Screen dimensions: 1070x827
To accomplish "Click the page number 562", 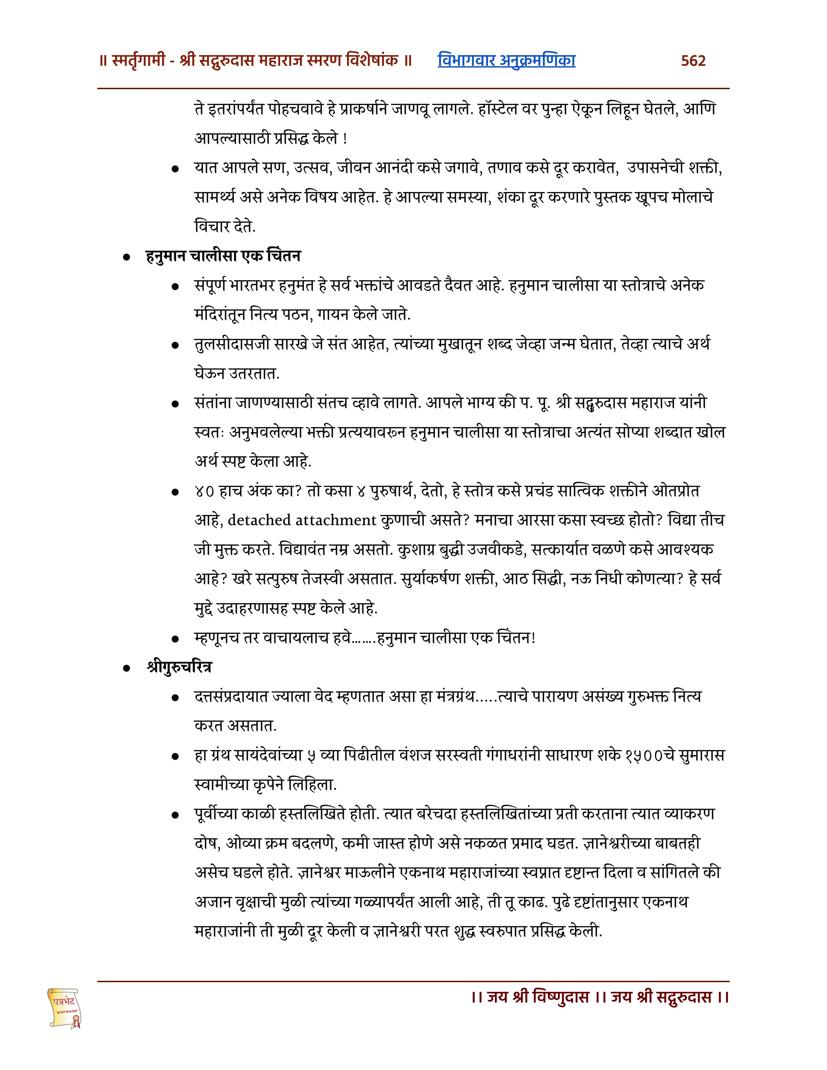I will coord(693,61).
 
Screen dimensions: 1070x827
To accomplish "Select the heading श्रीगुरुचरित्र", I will coord(179,667).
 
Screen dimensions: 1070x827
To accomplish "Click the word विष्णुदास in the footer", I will coord(560,997).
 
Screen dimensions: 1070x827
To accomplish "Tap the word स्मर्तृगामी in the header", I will coord(138,61).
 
